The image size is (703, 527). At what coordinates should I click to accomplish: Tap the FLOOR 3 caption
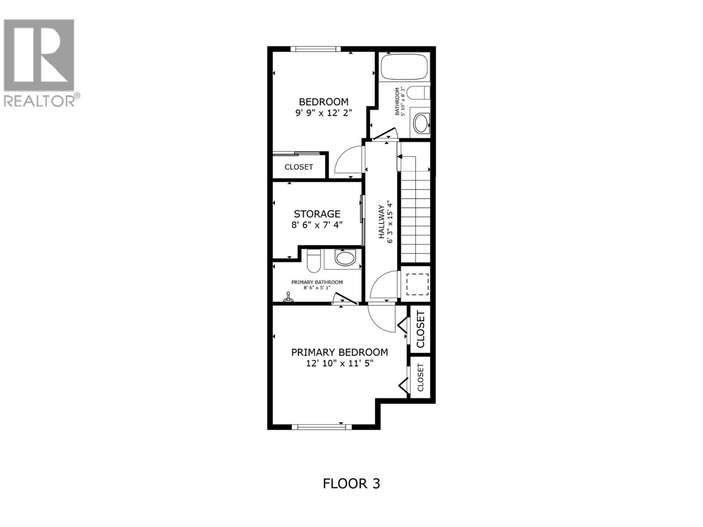[351, 484]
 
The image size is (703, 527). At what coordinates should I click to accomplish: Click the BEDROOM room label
[323, 102]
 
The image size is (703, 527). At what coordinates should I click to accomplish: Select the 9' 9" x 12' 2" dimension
[323, 113]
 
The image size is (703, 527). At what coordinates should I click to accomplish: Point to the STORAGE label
[317, 214]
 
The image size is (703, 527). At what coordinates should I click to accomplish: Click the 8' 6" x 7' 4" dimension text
[317, 225]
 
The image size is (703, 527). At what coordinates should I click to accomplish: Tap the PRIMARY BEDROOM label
[339, 352]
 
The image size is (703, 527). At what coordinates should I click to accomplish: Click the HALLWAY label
[381, 222]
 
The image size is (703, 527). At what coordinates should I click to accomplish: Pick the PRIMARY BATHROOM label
[317, 282]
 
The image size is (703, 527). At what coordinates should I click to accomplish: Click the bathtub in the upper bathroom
[404, 67]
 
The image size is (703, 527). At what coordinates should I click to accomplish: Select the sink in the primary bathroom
[345, 258]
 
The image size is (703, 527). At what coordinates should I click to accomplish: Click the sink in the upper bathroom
[421, 123]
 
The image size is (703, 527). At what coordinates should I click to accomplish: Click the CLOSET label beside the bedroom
[299, 167]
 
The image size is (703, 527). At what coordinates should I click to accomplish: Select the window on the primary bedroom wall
[322, 426]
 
